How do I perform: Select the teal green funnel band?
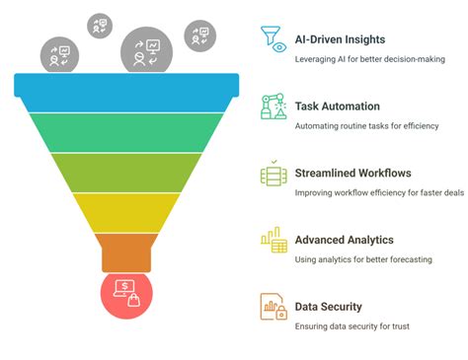pos(125,130)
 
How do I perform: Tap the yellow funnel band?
pos(125,210)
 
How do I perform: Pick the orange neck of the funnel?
pos(125,252)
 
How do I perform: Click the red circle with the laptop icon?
pos(125,295)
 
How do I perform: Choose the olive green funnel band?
pos(125,172)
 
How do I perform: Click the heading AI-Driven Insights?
pos(340,39)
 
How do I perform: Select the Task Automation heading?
pos(337,107)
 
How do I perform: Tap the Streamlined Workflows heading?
pos(353,173)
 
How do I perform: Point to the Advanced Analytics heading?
pos(344,240)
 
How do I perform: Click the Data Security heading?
pos(328,307)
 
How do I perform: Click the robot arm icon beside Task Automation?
pos(273,107)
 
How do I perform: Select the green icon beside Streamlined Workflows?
pos(273,174)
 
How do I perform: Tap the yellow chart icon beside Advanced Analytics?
pos(273,241)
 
